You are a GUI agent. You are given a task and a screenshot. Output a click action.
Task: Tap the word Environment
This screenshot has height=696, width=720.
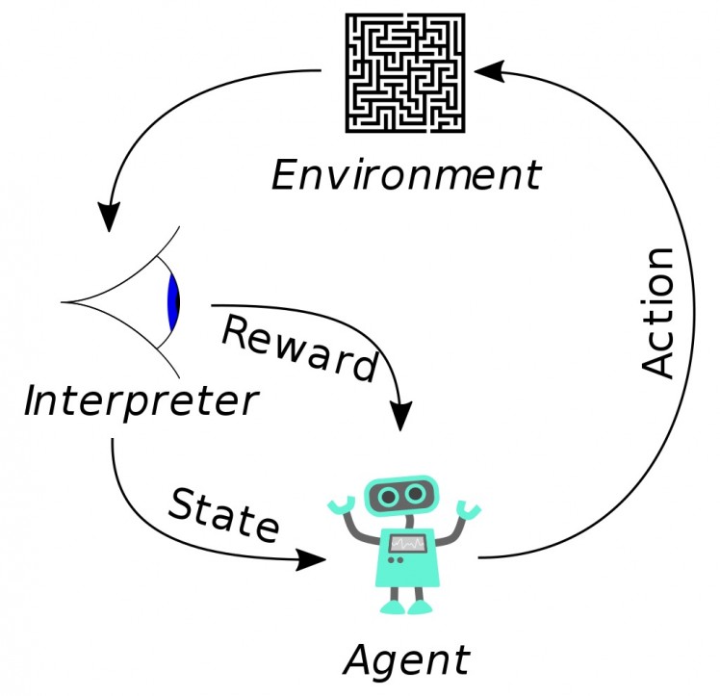click(x=405, y=176)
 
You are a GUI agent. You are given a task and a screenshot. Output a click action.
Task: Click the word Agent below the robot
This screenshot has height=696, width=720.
click(x=406, y=659)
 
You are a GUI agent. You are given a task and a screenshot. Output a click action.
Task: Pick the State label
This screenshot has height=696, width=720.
click(x=223, y=513)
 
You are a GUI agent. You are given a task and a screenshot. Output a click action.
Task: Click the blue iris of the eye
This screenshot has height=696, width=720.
click(x=173, y=303)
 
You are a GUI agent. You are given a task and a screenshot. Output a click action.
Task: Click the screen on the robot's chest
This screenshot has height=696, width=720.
click(x=405, y=545)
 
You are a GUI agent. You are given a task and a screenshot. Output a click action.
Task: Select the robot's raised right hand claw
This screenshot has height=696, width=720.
click(x=468, y=506)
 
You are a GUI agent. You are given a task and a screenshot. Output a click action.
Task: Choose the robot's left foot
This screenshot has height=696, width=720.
click(x=392, y=607)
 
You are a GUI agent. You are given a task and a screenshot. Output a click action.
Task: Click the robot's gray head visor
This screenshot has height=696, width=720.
click(x=402, y=495)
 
